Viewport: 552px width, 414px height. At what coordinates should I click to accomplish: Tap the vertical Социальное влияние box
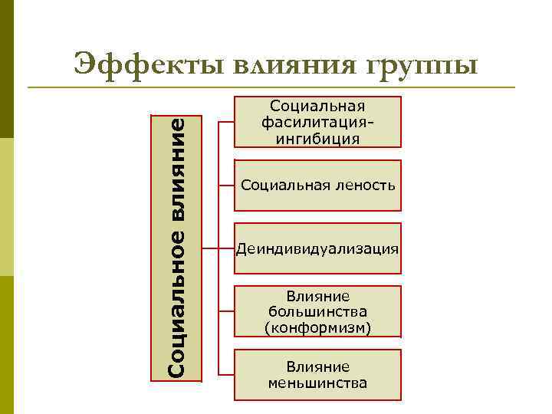pyautogui.click(x=176, y=248)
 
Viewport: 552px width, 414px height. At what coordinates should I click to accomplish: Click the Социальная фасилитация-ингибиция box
pyautogui.click(x=317, y=122)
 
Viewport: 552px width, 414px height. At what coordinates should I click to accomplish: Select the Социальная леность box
pyautogui.click(x=317, y=185)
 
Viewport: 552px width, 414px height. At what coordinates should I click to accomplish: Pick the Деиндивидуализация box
pyautogui.click(x=317, y=248)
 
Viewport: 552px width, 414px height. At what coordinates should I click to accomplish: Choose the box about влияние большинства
pyautogui.click(x=317, y=311)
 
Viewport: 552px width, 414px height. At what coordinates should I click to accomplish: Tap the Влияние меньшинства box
pyautogui.click(x=317, y=374)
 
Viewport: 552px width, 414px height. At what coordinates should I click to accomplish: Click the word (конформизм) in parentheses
pyautogui.click(x=317, y=328)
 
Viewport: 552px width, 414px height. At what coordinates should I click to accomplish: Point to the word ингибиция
pyautogui.click(x=317, y=139)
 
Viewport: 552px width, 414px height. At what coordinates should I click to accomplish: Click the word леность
pyautogui.click(x=363, y=185)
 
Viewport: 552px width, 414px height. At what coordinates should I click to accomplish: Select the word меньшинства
pyautogui.click(x=317, y=383)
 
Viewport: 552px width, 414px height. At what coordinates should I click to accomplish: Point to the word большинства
pyautogui.click(x=317, y=312)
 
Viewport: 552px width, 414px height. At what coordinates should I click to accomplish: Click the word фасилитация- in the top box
pyautogui.click(x=317, y=122)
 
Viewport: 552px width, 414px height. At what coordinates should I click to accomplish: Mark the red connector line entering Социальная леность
pyautogui.click(x=226, y=185)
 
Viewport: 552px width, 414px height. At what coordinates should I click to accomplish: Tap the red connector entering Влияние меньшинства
pyautogui.click(x=226, y=374)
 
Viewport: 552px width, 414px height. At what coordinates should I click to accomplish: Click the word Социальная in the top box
pyautogui.click(x=317, y=106)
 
